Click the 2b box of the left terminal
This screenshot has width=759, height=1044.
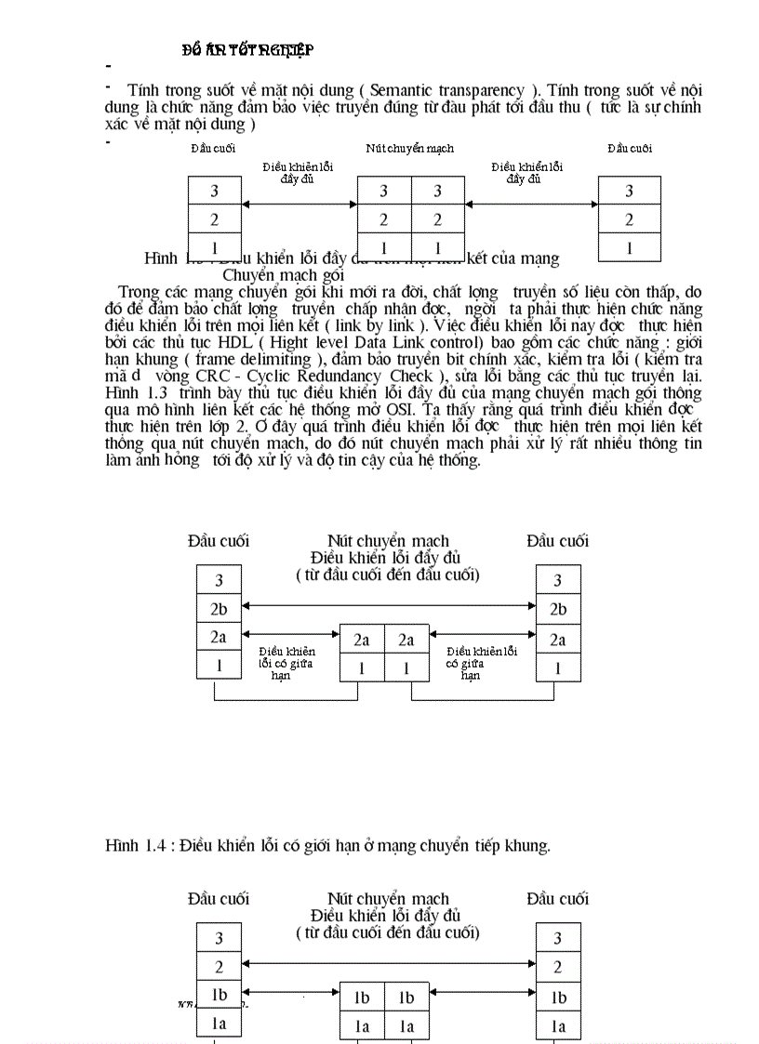click(x=219, y=609)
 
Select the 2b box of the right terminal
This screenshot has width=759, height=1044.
click(x=558, y=609)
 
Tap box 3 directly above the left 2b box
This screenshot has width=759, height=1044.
click(x=219, y=580)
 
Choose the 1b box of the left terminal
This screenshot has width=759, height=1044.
click(x=219, y=995)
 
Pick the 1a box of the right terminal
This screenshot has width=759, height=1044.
click(x=558, y=1025)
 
